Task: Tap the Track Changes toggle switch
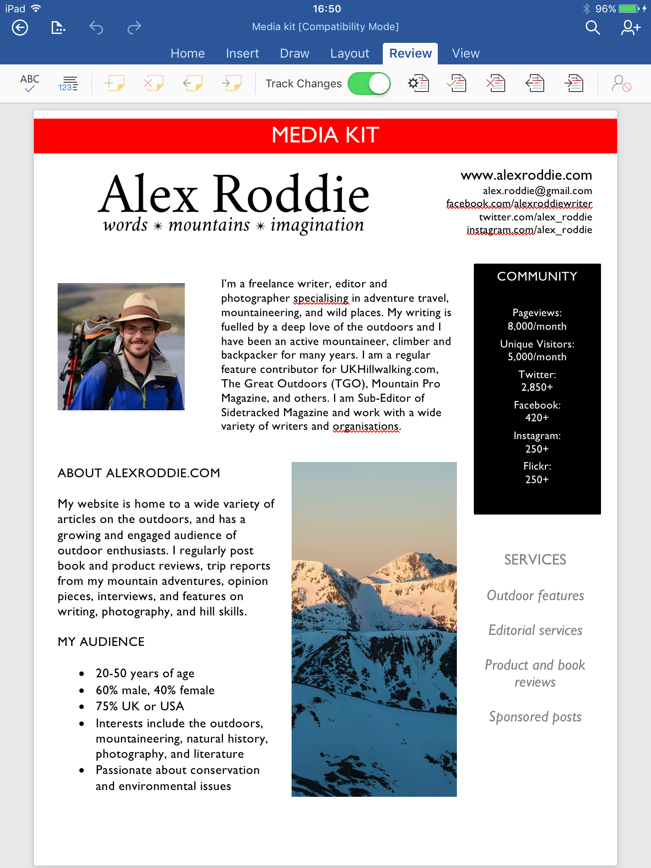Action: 369,83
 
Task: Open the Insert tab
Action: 242,53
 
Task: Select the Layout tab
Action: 350,53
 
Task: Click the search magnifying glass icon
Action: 593,28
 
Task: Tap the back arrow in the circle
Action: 20,28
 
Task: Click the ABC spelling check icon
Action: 30,83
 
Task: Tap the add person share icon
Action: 630,28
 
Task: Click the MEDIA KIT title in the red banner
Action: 325,135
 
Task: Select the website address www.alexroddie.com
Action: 526,175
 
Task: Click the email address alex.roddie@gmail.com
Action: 537,191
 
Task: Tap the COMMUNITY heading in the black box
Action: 537,276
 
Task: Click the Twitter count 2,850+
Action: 537,387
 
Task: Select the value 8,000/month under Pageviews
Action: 537,326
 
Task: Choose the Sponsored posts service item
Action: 535,717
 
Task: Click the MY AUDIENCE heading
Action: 101,642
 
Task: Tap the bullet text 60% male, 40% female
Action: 155,690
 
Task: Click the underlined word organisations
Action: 366,426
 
